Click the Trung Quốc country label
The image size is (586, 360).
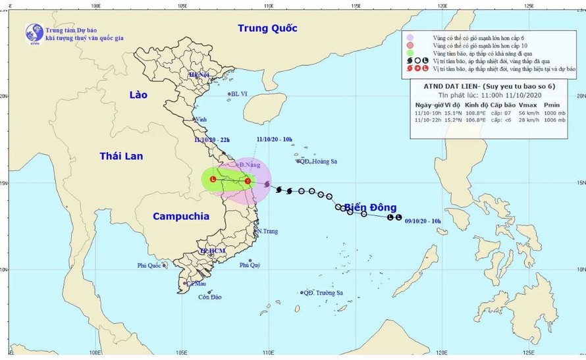tap(267, 28)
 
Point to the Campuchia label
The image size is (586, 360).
tap(180, 216)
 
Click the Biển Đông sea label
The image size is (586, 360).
tap(371, 207)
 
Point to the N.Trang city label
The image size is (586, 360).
tap(268, 232)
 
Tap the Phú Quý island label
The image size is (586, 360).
tap(250, 265)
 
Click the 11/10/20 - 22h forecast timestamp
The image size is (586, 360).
tap(213, 140)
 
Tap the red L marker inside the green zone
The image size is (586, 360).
tap(213, 179)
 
